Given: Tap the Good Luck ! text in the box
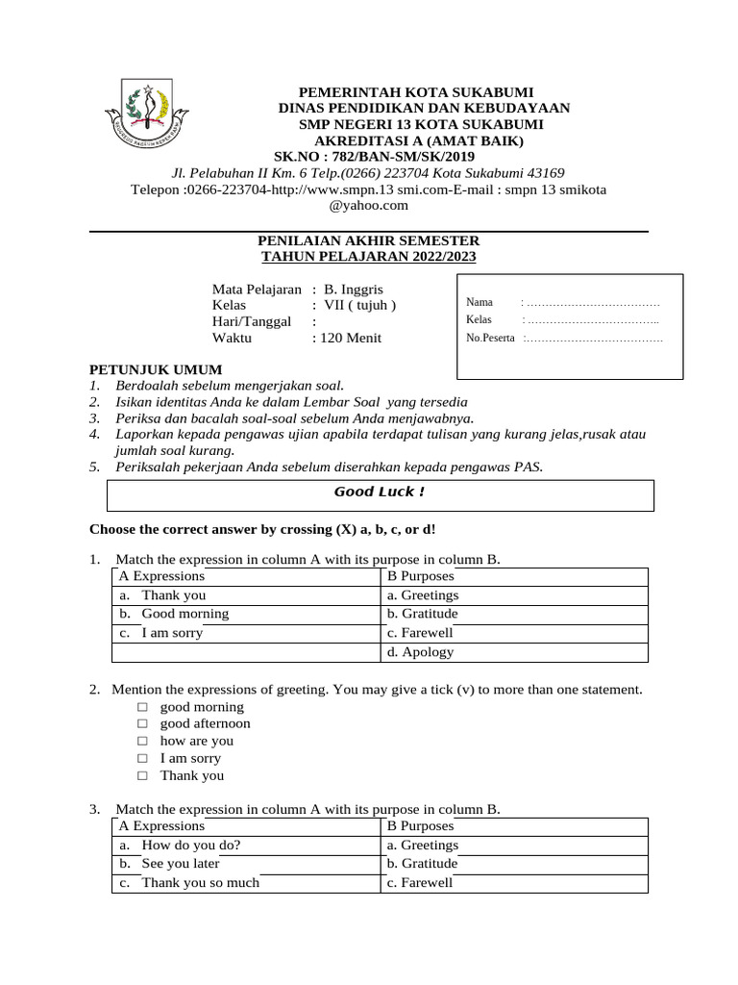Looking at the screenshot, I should [x=379, y=492].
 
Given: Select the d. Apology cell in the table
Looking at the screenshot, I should [x=420, y=652].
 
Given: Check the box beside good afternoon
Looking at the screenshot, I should [x=141, y=723].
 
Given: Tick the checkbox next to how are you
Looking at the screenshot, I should [x=141, y=741].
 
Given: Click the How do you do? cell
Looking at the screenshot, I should [x=191, y=846].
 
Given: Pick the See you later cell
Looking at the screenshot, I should [x=181, y=864].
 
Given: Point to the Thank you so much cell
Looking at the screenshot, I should [x=200, y=883].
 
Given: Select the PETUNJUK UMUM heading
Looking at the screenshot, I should [x=156, y=369].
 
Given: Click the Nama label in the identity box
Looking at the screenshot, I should [x=480, y=302].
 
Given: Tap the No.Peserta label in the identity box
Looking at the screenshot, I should [x=490, y=338].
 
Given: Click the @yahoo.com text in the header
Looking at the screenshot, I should [x=369, y=205].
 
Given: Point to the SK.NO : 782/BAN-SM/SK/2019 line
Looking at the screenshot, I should [x=374, y=156].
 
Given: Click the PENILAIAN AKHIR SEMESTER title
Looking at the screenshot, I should [x=369, y=240].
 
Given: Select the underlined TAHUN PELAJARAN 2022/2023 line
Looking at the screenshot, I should [x=369, y=257].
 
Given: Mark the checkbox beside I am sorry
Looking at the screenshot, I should [x=141, y=758].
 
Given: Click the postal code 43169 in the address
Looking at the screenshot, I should [x=541, y=173].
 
